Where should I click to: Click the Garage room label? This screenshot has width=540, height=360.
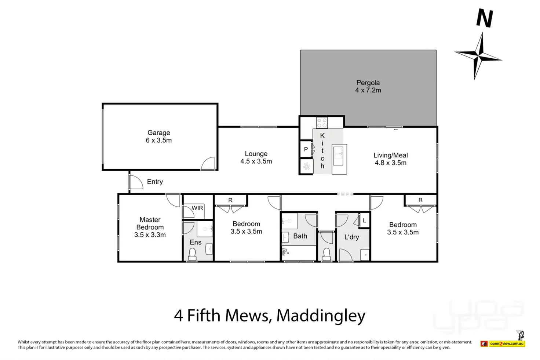point(158,133)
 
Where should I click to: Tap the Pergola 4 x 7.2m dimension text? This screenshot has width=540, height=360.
point(368,90)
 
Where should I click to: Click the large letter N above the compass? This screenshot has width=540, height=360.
point(484,18)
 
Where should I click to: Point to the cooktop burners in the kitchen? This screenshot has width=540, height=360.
point(322,123)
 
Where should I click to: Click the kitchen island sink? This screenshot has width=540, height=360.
point(338,155)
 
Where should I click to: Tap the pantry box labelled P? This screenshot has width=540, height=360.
point(306,149)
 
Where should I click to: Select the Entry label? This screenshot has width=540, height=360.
point(155,182)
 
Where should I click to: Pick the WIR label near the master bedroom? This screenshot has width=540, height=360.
point(197,208)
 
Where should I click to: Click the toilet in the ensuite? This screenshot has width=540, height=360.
point(192,254)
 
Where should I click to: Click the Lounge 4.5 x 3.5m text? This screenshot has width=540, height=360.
point(256,161)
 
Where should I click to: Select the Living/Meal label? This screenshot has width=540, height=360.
point(390,155)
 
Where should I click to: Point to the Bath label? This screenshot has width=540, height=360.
point(300,236)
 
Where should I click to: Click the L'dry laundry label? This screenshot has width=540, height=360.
point(351,237)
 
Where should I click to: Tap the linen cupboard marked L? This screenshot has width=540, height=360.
point(364,221)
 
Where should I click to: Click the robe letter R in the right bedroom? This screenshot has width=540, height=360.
point(420,200)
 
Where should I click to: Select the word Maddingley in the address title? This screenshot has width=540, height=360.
point(321,316)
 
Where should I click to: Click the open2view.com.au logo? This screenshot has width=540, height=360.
point(507,343)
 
